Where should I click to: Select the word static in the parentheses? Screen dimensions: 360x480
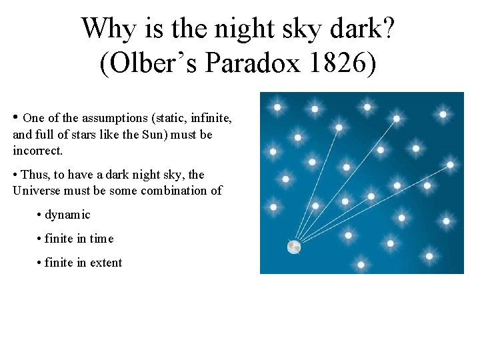tap(169, 118)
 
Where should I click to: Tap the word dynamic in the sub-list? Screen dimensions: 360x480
tap(67, 215)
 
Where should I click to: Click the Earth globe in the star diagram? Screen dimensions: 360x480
tap(293, 247)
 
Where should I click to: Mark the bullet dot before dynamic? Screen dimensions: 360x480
tap(39, 215)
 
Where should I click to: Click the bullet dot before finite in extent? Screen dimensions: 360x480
tap(39, 263)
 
